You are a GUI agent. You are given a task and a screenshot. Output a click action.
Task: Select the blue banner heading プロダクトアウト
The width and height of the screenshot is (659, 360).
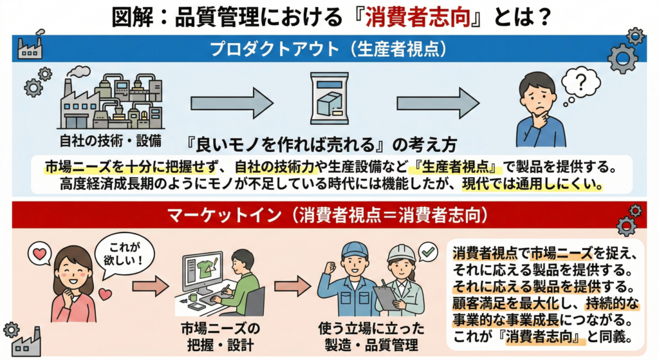[x=329, y=48]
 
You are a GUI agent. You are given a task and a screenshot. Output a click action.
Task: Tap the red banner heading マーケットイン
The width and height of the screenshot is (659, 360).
[x=329, y=215]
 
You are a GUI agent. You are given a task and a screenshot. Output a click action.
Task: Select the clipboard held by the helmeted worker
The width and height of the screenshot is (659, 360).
[x=387, y=297]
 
